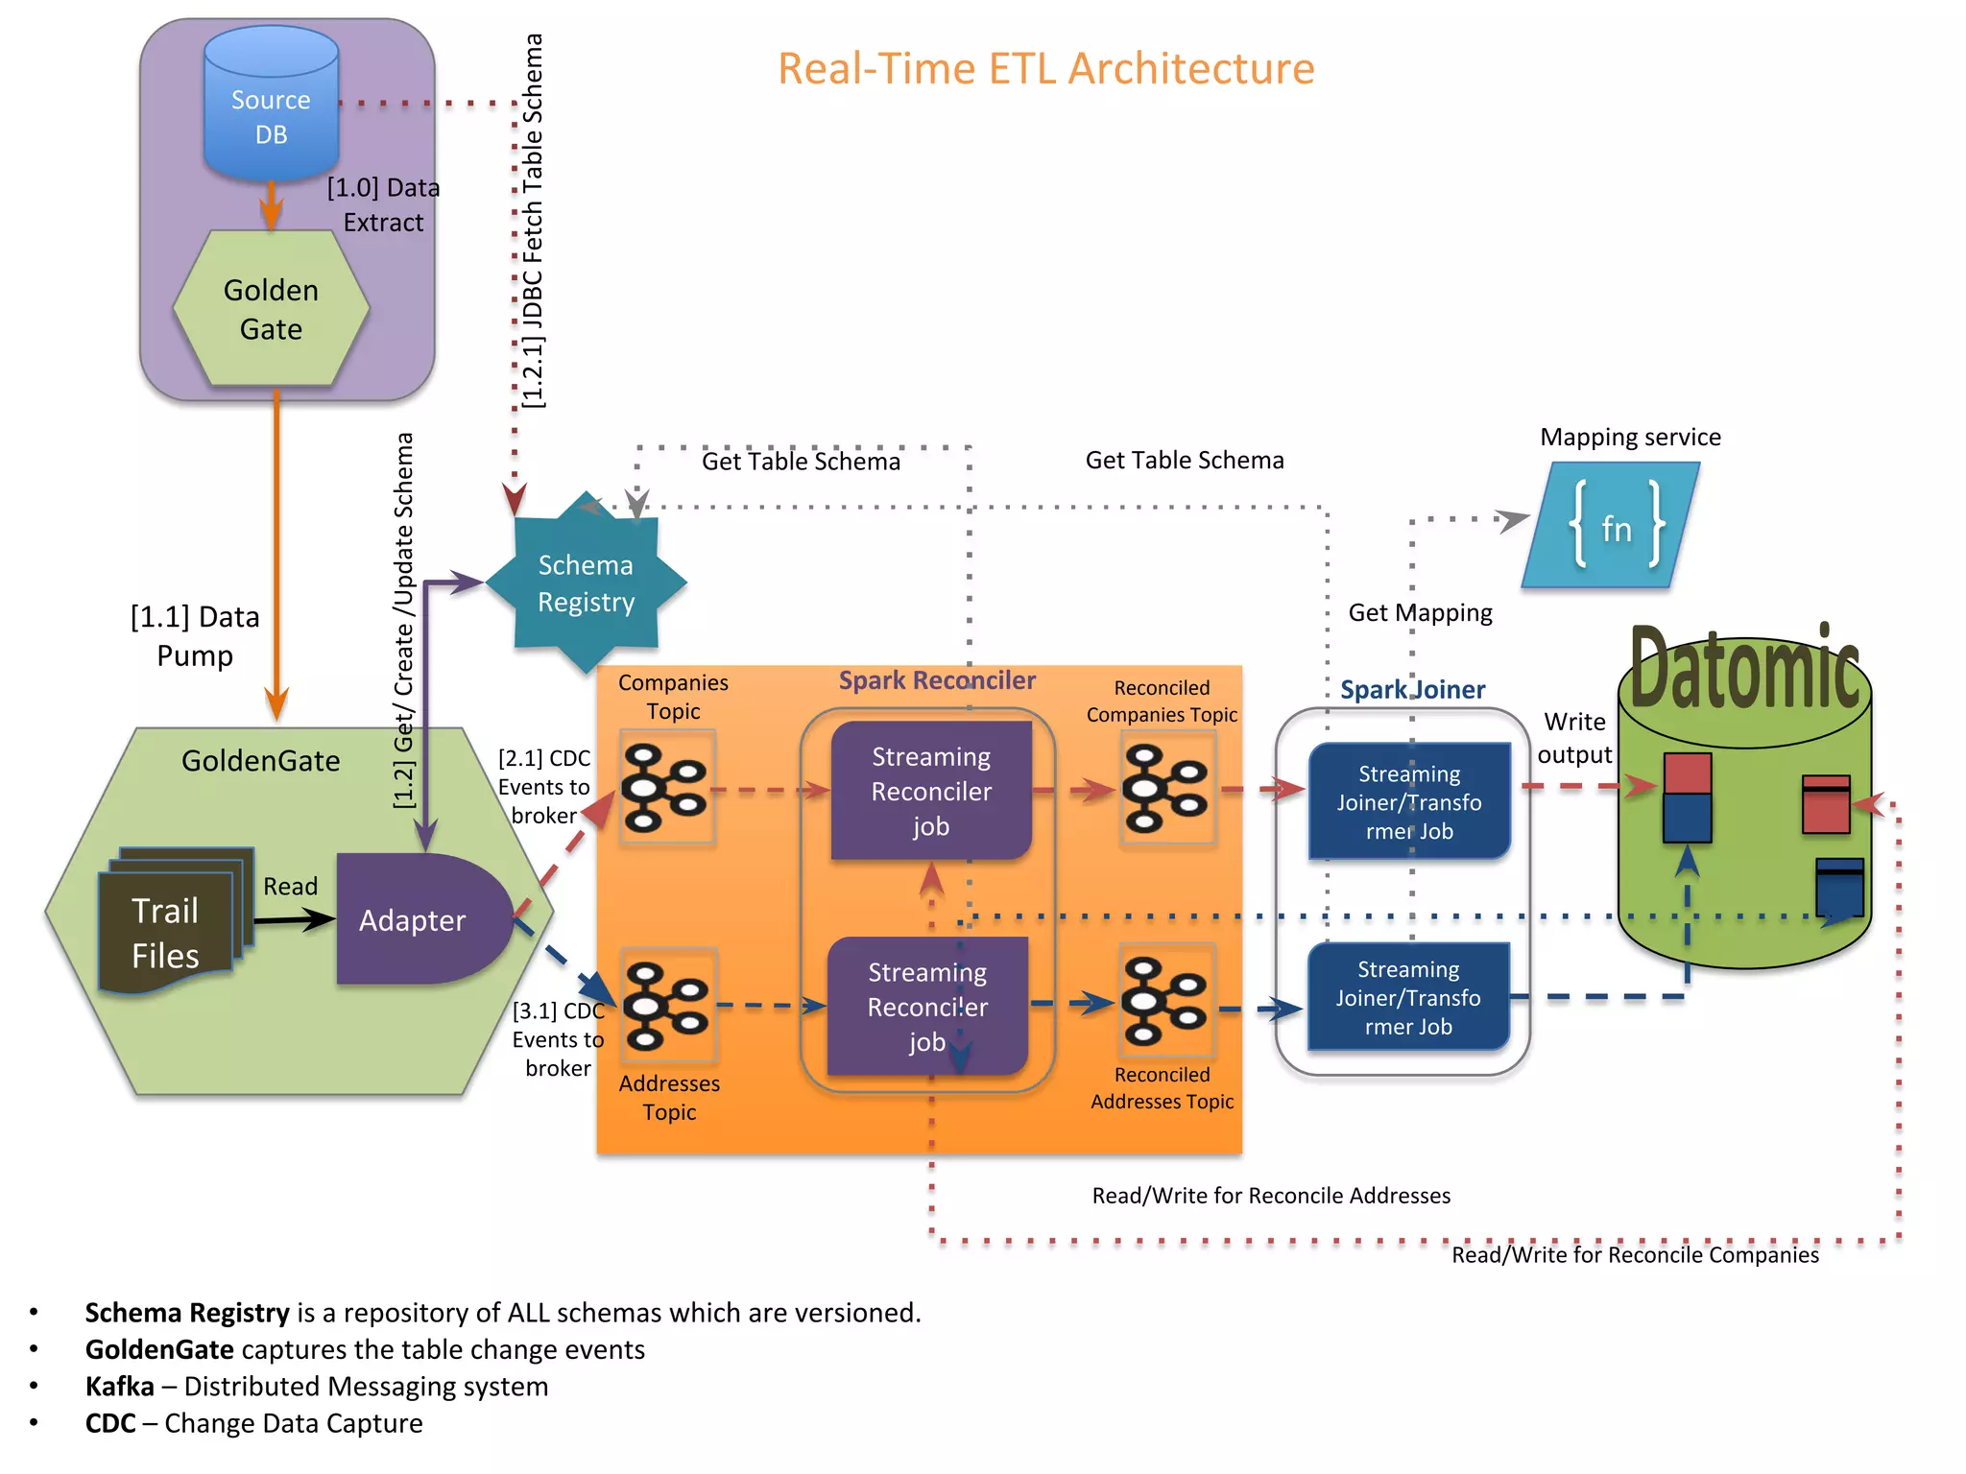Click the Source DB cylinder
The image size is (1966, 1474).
[x=271, y=106]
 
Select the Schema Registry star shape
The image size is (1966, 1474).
[x=586, y=582]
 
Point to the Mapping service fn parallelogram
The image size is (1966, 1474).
[x=1613, y=526]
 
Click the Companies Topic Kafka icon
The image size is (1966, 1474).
[x=666, y=788]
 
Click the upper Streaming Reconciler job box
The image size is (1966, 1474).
[x=930, y=791]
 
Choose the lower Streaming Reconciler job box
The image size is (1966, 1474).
[x=927, y=1006]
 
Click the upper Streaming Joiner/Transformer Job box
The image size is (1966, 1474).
[x=1408, y=801]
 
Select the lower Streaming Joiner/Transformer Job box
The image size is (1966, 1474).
[x=1407, y=997]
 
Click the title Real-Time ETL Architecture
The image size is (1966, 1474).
[x=1045, y=69]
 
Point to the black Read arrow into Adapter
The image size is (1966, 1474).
[x=294, y=920]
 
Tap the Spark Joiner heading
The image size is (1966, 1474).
[x=1412, y=689]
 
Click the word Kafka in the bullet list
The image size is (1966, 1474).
[x=119, y=1386]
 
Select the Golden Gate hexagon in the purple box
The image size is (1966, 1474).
[x=271, y=309]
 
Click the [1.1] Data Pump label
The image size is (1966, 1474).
[x=195, y=635]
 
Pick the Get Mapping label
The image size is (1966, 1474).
[x=1420, y=612]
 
